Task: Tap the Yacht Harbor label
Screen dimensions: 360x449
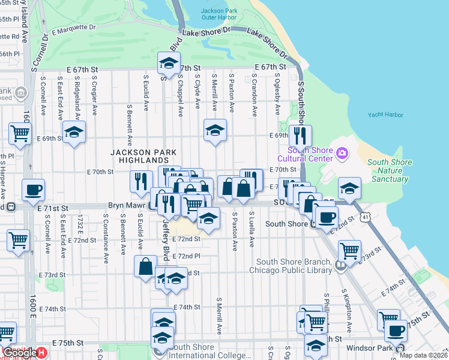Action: (384, 115)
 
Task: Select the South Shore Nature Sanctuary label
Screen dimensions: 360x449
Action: (390, 170)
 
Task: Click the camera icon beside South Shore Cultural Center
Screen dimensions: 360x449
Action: (342, 154)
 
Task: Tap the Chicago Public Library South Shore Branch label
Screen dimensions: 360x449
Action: (294, 266)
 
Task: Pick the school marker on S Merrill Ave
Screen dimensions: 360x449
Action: (215, 130)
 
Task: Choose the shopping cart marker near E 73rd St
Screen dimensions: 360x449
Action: (349, 251)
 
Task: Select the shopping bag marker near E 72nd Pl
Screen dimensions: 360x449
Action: (146, 266)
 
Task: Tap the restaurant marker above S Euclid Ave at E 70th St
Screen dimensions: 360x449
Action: (141, 182)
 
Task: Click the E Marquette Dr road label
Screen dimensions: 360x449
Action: (74, 28)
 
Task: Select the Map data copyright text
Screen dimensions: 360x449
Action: (423, 355)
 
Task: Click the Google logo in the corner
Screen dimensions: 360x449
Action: (20, 353)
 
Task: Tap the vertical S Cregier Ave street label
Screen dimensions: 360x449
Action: (95, 97)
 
